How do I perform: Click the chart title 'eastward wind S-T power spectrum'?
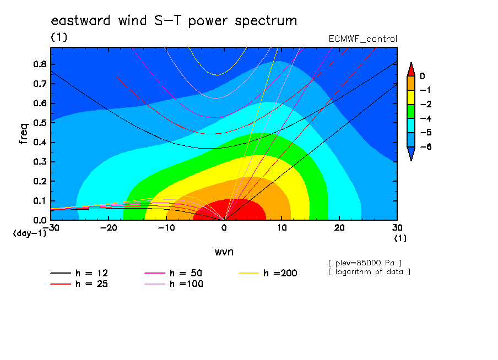tap(174, 21)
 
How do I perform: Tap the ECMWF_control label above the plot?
tap(362, 39)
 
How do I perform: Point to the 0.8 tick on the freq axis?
tap(40, 64)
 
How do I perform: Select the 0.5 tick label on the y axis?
tap(40, 123)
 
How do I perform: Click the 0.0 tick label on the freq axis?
tap(40, 220)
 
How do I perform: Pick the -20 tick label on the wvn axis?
tap(109, 228)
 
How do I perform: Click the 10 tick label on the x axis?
tap(282, 228)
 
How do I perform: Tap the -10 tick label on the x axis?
tap(166, 228)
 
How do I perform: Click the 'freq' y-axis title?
tap(24, 134)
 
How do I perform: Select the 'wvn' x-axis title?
tap(224, 252)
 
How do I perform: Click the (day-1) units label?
tap(30, 233)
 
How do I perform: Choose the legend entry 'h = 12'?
tap(79, 273)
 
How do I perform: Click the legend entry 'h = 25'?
tap(79, 283)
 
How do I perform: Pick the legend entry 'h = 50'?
tap(174, 273)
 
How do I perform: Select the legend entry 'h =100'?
tap(174, 283)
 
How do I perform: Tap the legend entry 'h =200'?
tap(268, 273)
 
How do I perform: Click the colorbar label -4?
tap(426, 118)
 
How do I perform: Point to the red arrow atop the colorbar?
tap(411, 70)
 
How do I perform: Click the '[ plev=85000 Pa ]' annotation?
tap(365, 263)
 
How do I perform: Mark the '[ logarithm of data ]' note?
tap(370, 272)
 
